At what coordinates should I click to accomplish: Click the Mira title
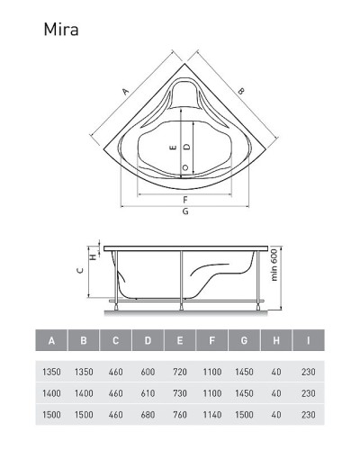tap(61, 30)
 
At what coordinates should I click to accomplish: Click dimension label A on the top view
tap(126, 91)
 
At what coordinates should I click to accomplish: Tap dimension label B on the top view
tap(240, 91)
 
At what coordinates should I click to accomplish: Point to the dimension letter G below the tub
tap(185, 211)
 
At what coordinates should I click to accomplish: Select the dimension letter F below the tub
tap(185, 200)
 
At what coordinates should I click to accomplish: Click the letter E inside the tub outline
tap(173, 148)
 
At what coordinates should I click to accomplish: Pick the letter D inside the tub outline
tap(187, 147)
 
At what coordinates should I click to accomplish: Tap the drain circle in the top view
tap(185, 167)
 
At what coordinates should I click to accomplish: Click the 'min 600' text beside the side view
tap(274, 265)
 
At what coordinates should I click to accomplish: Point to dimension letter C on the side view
tap(80, 271)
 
